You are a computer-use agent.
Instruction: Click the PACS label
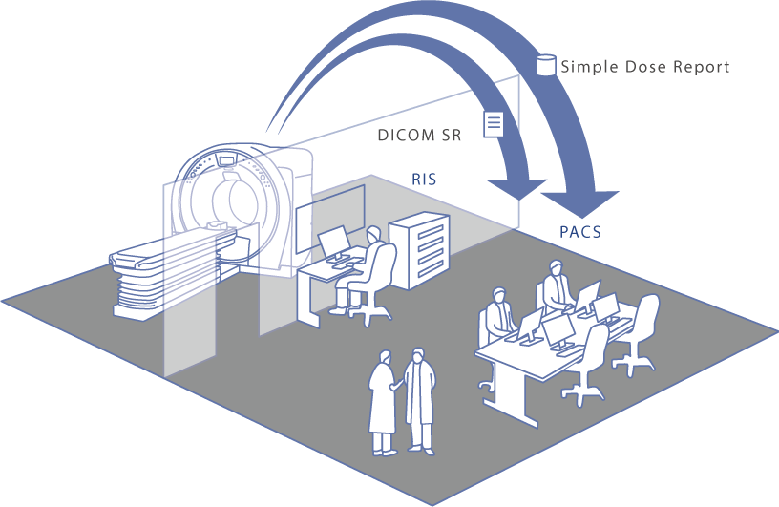(x=579, y=231)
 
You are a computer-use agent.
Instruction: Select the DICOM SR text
(x=420, y=136)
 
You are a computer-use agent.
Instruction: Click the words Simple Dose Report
(x=645, y=67)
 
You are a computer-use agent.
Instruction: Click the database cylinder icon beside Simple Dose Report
(x=546, y=65)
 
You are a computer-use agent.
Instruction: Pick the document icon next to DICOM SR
(x=494, y=123)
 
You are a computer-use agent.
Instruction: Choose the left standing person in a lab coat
(x=384, y=401)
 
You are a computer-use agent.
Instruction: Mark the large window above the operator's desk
(x=330, y=218)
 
